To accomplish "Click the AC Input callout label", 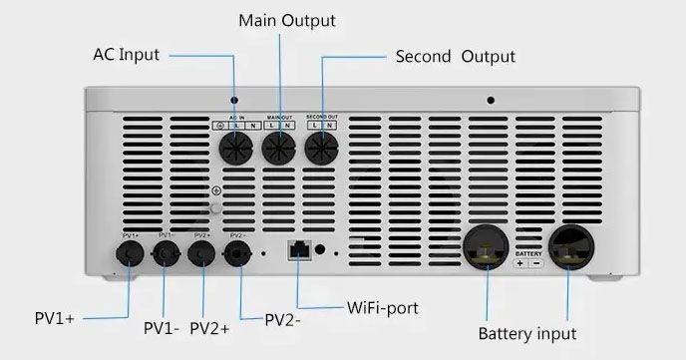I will click(x=127, y=54).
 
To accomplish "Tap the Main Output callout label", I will click(x=287, y=20).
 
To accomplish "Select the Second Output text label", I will click(x=456, y=56).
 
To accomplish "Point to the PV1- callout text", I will click(x=161, y=327).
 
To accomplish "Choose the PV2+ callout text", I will click(x=209, y=327).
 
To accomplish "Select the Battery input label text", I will click(x=527, y=333).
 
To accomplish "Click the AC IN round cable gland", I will click(x=237, y=151).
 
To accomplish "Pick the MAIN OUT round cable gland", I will click(x=279, y=151).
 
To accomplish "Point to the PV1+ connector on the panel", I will click(x=130, y=254).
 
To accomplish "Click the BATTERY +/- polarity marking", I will click(x=528, y=261).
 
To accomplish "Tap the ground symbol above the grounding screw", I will click(x=216, y=189).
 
